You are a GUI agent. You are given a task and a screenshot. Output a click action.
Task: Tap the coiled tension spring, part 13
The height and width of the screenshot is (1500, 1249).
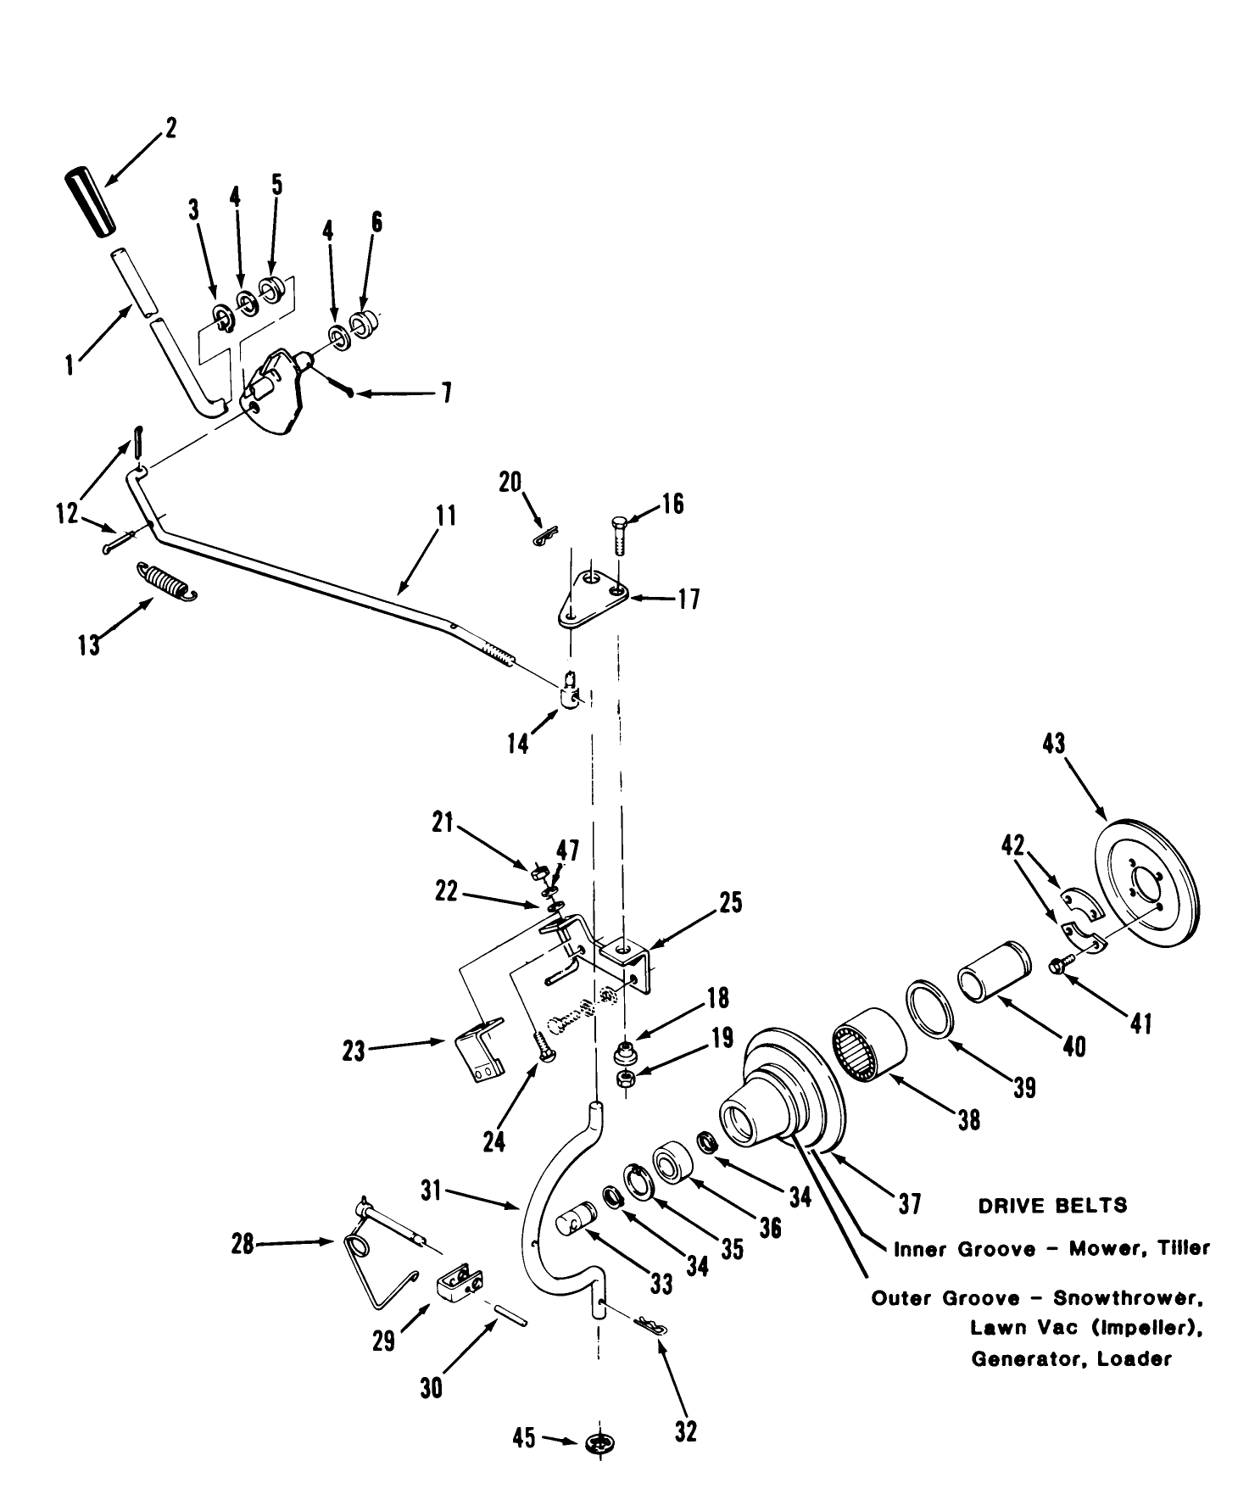[167, 582]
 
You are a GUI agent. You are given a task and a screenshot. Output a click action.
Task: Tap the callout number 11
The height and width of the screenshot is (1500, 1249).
[447, 516]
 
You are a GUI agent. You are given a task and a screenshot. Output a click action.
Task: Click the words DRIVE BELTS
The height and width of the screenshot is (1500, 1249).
[1053, 1205]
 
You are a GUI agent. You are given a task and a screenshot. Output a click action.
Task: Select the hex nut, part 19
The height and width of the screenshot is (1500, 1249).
[626, 1078]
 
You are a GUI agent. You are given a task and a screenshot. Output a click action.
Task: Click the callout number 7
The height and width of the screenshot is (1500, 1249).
[445, 393]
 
